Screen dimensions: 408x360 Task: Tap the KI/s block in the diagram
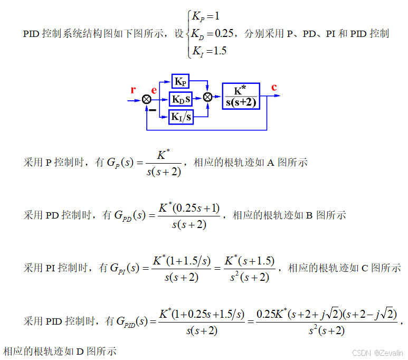181,116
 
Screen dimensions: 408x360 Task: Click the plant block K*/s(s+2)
241,96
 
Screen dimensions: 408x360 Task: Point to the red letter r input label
133,89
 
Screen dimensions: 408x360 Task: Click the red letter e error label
154,90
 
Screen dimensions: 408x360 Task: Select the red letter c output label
274,88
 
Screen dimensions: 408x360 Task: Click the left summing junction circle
147,99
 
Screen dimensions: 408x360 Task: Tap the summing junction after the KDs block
207,97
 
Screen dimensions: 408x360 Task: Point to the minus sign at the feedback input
152,110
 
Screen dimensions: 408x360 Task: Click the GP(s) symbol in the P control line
119,163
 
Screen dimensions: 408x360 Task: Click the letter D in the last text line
80,350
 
